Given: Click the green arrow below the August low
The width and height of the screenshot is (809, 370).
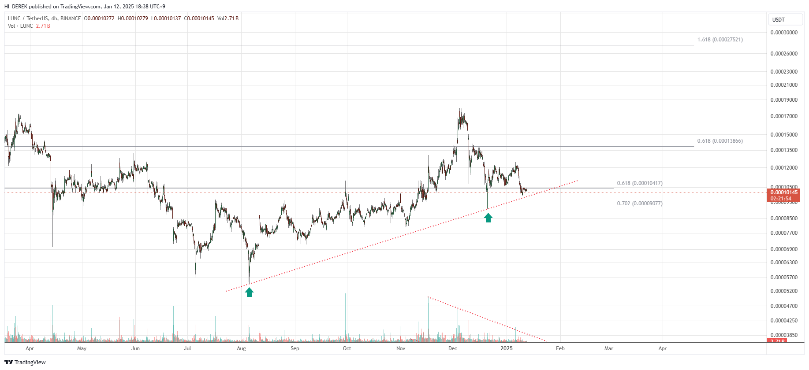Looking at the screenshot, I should point(249,292).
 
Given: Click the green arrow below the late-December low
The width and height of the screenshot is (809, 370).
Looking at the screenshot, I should point(488,218).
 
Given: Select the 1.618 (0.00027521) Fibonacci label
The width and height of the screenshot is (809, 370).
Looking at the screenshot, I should point(720,40).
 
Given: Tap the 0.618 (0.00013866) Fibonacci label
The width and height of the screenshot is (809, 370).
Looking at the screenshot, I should point(720,141).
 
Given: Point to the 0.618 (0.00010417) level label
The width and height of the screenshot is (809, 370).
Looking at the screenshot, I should point(639,183).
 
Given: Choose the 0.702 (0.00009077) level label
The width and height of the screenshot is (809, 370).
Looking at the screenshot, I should point(639,203).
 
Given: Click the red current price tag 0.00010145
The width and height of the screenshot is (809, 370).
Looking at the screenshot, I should point(784,192).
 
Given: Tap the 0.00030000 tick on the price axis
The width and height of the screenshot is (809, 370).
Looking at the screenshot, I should point(784,33).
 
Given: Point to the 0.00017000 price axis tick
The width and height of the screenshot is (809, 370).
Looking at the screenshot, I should point(784,116).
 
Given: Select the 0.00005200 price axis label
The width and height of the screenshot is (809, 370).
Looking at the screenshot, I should point(784,291).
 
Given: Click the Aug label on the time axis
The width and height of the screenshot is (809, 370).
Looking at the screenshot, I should point(241,348).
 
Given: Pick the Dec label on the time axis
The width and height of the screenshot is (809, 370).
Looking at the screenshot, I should point(452,348).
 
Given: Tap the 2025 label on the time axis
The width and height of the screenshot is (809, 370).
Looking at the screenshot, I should point(507,348).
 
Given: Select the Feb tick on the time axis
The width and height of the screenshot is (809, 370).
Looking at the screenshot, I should point(560,348).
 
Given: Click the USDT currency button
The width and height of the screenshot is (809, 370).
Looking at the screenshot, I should point(779,19).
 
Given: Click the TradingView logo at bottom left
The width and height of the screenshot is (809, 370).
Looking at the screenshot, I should point(25,362).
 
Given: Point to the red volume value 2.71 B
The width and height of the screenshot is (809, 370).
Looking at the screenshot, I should point(43,26).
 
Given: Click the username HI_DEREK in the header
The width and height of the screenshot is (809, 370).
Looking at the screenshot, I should point(15,7).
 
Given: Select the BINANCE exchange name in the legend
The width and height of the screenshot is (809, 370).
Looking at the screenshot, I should point(71,18).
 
